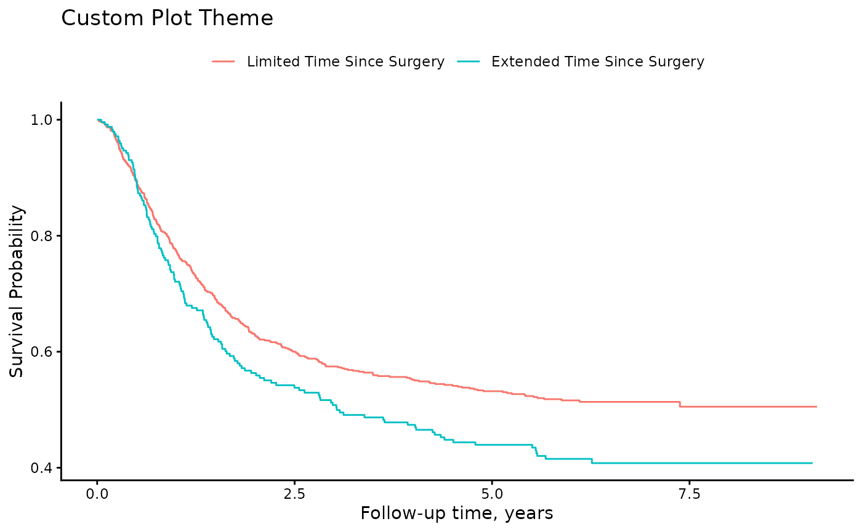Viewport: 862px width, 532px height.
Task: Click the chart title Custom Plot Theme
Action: [x=167, y=18]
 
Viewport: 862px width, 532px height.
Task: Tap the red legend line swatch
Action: [x=223, y=62]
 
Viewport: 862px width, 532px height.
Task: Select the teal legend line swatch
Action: [x=469, y=62]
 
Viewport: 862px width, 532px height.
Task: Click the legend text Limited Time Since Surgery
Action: [x=345, y=62]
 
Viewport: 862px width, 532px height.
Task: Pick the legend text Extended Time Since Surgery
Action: [x=598, y=62]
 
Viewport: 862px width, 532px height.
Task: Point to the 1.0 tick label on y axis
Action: [x=41, y=120]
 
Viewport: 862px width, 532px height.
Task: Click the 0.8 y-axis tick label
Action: [x=41, y=236]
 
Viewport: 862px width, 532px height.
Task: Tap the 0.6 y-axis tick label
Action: [x=41, y=352]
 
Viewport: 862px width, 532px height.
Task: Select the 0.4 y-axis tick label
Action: [x=41, y=468]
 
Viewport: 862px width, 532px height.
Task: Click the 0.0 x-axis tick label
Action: [x=97, y=494]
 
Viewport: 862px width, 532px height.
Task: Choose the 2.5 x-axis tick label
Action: [x=294, y=494]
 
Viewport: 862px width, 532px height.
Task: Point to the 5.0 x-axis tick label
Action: [x=492, y=494]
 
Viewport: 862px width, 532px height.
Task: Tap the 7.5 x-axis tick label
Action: [x=689, y=494]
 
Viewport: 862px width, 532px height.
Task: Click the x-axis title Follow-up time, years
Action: [x=457, y=514]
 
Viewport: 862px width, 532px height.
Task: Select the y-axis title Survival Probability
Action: [x=16, y=292]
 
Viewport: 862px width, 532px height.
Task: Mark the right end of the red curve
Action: [x=816, y=407]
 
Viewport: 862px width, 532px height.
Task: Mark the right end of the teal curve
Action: [x=812, y=463]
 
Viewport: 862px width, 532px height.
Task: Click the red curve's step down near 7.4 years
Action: [x=680, y=405]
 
